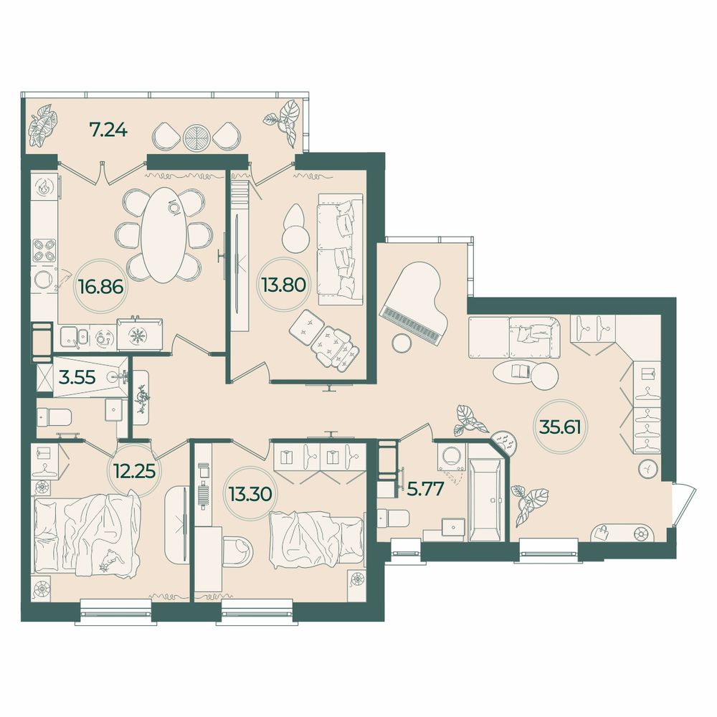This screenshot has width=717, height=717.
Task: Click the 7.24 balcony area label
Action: [x=108, y=130]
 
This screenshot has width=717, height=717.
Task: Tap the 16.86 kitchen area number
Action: [x=100, y=287]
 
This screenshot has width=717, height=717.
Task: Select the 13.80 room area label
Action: [x=283, y=285]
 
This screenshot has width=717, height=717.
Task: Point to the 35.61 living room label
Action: [x=560, y=427]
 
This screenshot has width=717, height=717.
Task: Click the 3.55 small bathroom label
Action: [x=77, y=377]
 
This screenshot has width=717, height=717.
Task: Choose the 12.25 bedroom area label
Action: [x=136, y=470]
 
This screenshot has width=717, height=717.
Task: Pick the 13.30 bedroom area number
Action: [x=250, y=493]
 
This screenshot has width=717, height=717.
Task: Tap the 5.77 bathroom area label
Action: [x=424, y=489]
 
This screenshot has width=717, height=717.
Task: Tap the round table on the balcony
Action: [x=196, y=136]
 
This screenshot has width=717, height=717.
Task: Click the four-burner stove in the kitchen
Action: [x=44, y=250]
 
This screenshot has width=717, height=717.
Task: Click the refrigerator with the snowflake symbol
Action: [x=140, y=336]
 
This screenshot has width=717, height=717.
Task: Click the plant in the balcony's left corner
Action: [x=44, y=123]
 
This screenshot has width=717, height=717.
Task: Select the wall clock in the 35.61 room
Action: [x=648, y=469]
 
